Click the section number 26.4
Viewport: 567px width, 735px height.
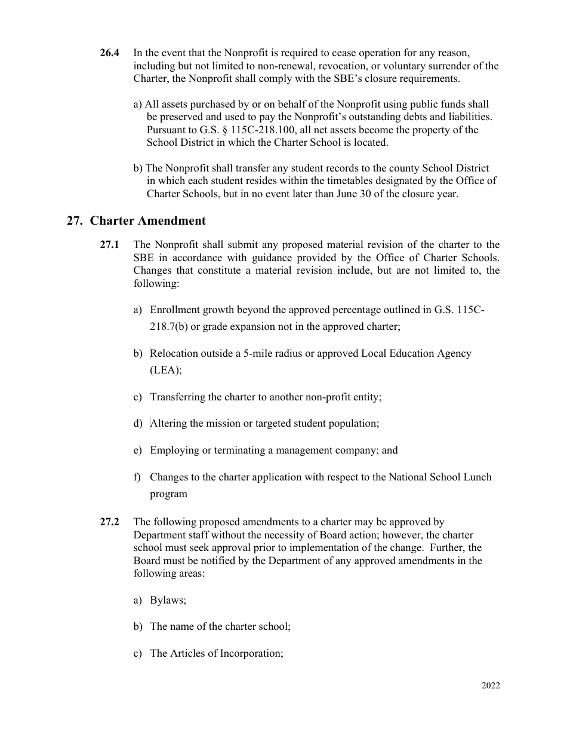[x=109, y=53]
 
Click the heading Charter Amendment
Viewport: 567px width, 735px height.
[x=147, y=220]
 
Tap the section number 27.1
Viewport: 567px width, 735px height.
[x=109, y=244]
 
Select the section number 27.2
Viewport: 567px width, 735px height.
[x=109, y=522]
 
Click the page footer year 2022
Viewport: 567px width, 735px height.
[x=491, y=685]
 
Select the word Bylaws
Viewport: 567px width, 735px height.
[x=168, y=600]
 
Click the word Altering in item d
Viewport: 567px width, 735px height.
[x=168, y=423]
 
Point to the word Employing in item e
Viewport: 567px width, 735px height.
[x=174, y=450]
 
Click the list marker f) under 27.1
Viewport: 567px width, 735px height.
[x=137, y=477]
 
